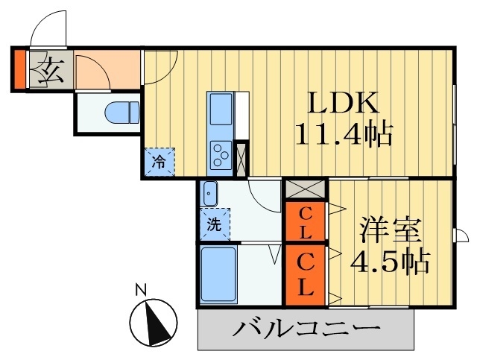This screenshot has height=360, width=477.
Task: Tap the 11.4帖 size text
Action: click(x=344, y=136)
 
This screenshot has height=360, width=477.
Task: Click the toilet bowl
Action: click(x=122, y=113)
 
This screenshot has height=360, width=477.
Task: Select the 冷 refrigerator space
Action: click(x=159, y=160)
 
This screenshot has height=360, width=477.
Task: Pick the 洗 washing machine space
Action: click(x=214, y=223)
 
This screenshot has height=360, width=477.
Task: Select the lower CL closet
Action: click(x=306, y=274)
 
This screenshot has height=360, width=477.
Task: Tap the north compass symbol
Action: click(x=153, y=323)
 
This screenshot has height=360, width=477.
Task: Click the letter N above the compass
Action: click(x=139, y=289)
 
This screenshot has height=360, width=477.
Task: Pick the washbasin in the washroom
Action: click(x=210, y=194)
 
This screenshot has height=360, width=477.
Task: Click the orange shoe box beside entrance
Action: click(x=19, y=68)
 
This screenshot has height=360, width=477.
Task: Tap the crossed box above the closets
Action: click(x=306, y=188)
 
